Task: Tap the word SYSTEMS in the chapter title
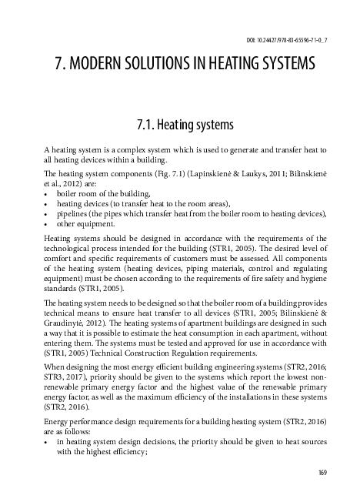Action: [x=275, y=66]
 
